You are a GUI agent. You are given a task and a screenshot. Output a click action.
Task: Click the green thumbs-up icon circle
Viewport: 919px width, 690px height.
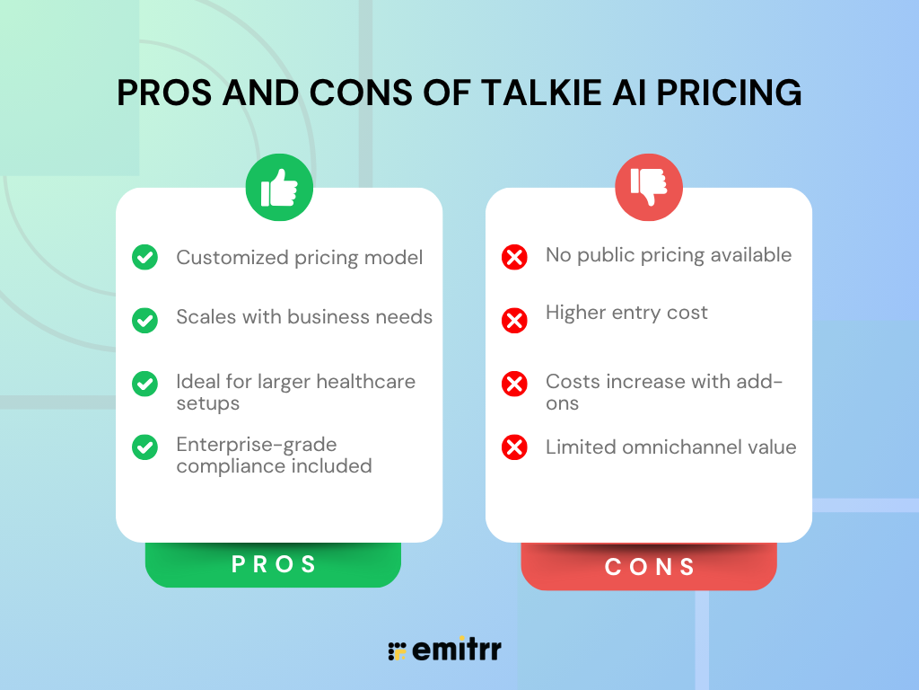point(279,188)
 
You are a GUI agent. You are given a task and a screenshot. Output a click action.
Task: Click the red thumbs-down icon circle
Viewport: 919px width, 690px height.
point(648,188)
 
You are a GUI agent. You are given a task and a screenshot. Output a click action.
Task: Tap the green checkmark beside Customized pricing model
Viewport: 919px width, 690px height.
point(144,258)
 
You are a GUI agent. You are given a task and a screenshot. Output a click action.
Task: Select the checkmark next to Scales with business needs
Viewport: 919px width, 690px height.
point(144,319)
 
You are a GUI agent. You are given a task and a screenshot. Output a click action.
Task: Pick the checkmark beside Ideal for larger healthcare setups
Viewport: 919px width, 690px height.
point(144,384)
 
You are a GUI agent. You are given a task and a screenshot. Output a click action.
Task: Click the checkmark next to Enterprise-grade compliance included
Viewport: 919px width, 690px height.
point(144,447)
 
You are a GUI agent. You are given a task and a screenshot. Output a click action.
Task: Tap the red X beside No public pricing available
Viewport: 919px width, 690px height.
point(514,258)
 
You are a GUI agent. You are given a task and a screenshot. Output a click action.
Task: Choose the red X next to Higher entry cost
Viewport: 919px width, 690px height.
point(514,320)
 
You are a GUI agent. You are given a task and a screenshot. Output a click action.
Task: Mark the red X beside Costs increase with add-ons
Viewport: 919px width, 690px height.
point(514,384)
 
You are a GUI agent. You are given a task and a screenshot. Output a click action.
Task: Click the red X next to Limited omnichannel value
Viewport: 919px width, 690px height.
point(514,447)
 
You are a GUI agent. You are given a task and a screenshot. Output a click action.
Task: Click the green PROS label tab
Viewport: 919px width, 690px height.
point(274,565)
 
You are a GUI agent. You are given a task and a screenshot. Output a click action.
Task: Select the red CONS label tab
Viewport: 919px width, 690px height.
point(649,567)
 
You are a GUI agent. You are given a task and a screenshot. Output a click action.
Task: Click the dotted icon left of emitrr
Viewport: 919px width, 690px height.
point(397,651)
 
